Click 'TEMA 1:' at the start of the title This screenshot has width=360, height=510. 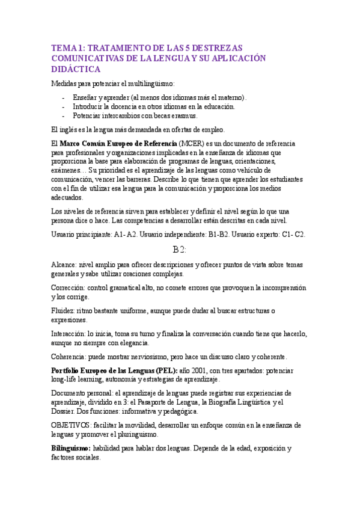67,48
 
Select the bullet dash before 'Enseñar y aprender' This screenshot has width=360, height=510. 64,97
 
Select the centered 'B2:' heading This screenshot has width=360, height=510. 180,250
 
